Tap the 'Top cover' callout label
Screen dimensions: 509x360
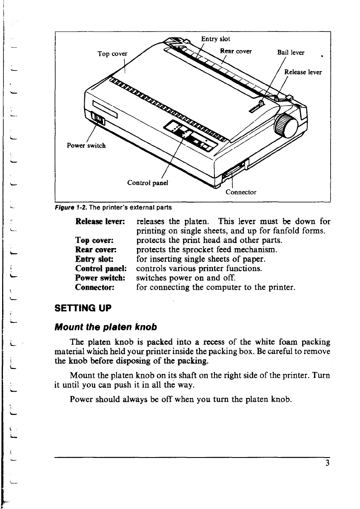(112, 54)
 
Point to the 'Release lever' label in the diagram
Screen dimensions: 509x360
(303, 72)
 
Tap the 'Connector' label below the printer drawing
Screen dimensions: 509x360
(241, 192)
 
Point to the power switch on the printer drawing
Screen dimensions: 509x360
(98, 120)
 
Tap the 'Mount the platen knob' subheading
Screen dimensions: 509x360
(105, 327)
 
